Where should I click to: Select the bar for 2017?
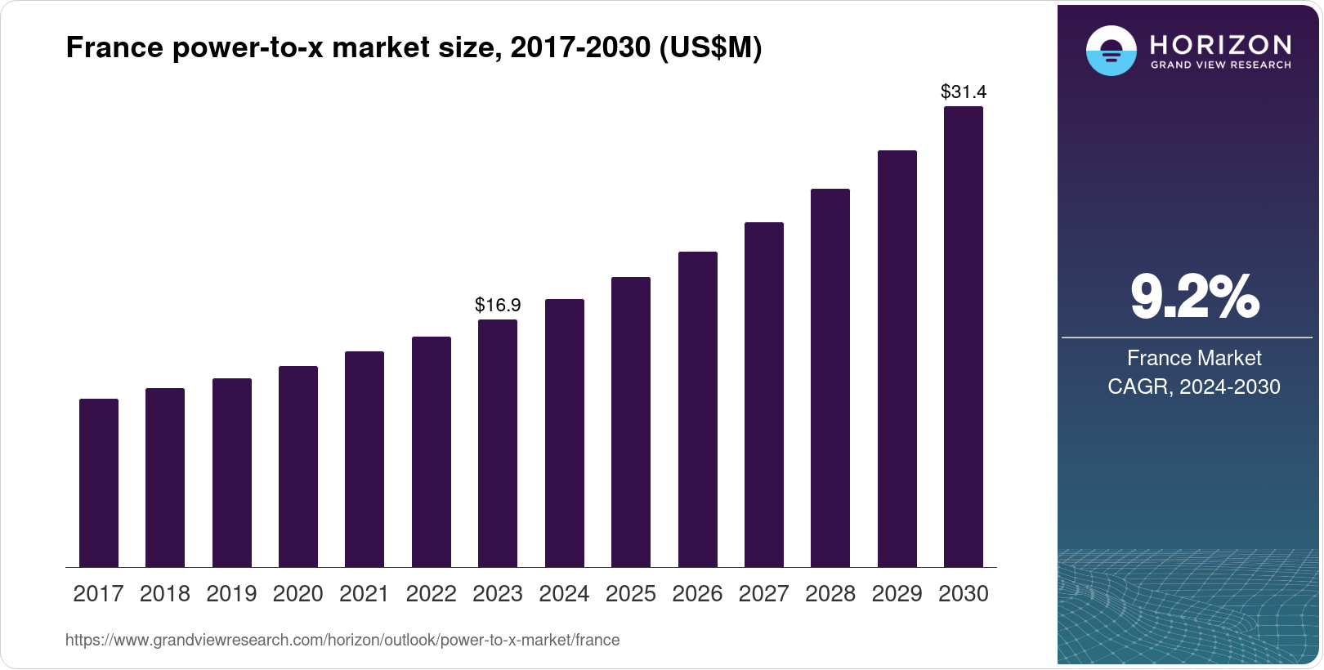(99, 483)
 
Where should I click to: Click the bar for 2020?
(298, 467)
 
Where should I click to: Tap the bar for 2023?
(498, 444)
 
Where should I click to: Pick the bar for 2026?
(698, 409)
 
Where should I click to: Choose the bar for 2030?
(964, 337)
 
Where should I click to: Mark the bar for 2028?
(830, 378)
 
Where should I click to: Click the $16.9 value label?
(498, 305)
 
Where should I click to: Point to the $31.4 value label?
(964, 92)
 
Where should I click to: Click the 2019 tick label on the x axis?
(231, 594)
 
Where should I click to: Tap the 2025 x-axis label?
(631, 594)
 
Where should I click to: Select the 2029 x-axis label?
(897, 594)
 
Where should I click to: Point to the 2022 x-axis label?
(431, 594)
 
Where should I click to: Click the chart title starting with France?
(414, 48)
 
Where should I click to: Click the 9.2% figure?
(1194, 297)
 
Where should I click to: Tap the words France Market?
(1194, 358)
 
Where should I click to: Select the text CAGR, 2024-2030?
(1194, 386)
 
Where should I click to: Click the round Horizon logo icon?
(1111, 51)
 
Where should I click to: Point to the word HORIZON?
(1220, 44)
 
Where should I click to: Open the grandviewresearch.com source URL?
(342, 641)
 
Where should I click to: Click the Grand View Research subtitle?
(1220, 65)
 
